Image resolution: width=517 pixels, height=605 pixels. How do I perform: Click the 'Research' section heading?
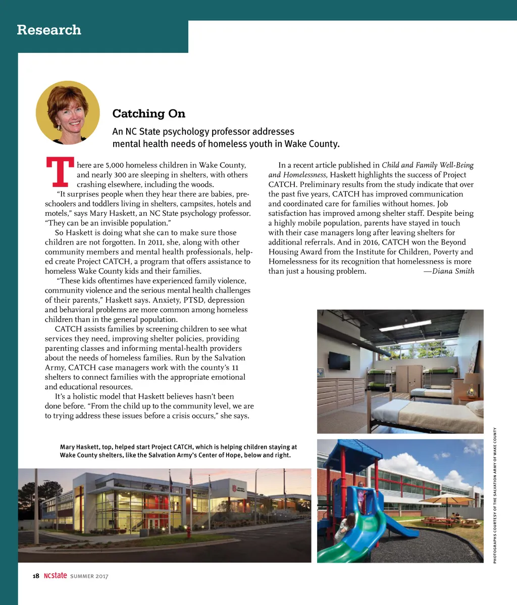click(x=49, y=30)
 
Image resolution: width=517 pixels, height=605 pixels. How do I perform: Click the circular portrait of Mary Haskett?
click(x=68, y=113)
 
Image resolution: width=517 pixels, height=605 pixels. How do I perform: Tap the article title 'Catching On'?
click(x=148, y=113)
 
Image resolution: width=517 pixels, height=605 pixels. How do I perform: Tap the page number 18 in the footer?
click(x=36, y=576)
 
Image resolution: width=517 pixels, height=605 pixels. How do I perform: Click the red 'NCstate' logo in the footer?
click(x=55, y=576)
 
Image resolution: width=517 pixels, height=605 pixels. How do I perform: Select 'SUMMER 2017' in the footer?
click(x=89, y=576)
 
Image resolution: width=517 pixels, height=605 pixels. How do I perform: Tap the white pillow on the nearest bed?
click(x=475, y=408)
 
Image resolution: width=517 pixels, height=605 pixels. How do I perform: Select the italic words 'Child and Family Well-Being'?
click(x=428, y=165)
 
